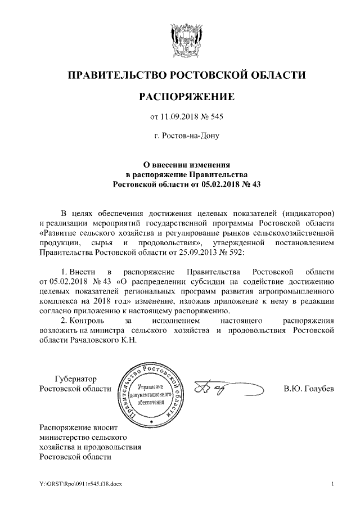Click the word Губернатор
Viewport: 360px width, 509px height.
tap(75, 379)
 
